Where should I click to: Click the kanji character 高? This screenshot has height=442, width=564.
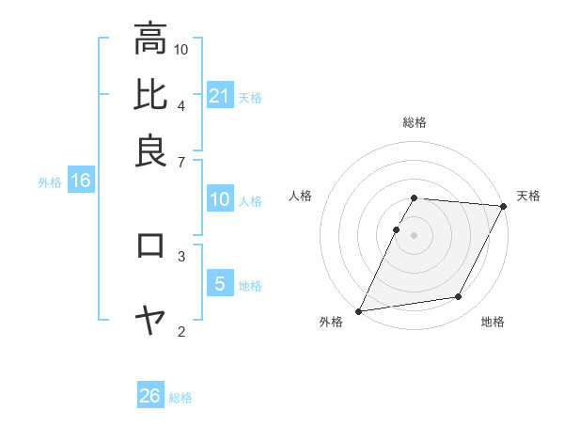pyautogui.click(x=150, y=39)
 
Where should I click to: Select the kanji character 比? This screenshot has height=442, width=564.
pyautogui.click(x=150, y=95)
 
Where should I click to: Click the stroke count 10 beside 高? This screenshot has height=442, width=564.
pyautogui.click(x=181, y=48)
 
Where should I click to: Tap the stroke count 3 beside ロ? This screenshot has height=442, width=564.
pyautogui.click(x=181, y=255)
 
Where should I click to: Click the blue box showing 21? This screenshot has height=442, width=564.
pyautogui.click(x=220, y=96)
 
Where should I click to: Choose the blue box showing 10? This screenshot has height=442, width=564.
pyautogui.click(x=220, y=199)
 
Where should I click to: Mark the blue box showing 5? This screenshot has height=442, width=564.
pyautogui.click(x=220, y=284)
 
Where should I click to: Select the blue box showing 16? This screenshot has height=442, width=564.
pyautogui.click(x=81, y=182)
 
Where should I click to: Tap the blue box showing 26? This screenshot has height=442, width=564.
pyautogui.click(x=150, y=396)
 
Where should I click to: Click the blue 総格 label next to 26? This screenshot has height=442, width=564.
pyautogui.click(x=180, y=398)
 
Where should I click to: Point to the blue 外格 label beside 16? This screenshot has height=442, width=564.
pyautogui.click(x=49, y=182)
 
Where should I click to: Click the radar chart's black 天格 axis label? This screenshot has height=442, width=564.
pyautogui.click(x=528, y=196)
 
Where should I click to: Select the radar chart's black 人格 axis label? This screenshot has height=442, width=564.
pyautogui.click(x=301, y=196)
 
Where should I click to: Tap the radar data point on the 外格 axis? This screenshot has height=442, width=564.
pyautogui.click(x=359, y=310)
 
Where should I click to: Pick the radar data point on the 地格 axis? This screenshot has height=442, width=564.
pyautogui.click(x=459, y=297)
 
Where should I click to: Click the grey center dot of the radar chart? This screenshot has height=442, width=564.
pyautogui.click(x=414, y=234)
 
